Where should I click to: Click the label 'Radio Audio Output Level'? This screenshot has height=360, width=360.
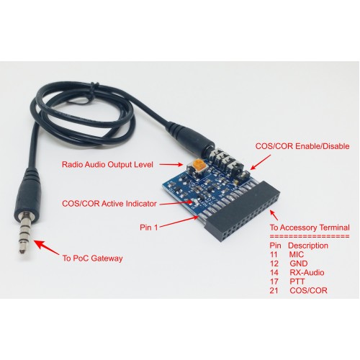[x=107, y=165]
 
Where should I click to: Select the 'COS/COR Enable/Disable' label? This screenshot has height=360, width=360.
[x=302, y=146]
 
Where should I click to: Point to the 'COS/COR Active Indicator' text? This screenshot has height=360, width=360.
[x=109, y=204]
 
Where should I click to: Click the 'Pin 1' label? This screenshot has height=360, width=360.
[x=149, y=228]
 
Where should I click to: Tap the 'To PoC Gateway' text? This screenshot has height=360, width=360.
[x=93, y=258]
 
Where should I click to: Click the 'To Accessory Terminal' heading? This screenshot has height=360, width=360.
[x=310, y=228]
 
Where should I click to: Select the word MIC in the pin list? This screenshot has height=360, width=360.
[x=297, y=254]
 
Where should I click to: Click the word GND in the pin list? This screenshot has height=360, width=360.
[x=299, y=264]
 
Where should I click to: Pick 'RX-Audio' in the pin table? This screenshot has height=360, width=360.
[x=307, y=272]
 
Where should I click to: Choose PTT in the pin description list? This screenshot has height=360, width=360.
[x=297, y=282]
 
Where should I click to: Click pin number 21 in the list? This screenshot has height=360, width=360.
[x=274, y=290]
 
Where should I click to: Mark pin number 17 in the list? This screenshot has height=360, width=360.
[x=274, y=282]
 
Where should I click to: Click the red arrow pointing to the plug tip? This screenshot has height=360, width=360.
[x=46, y=247]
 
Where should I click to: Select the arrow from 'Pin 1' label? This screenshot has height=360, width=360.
[x=179, y=222]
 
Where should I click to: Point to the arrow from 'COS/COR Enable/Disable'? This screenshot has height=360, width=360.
[x=260, y=163]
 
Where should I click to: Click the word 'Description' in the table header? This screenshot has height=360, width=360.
[x=308, y=246]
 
